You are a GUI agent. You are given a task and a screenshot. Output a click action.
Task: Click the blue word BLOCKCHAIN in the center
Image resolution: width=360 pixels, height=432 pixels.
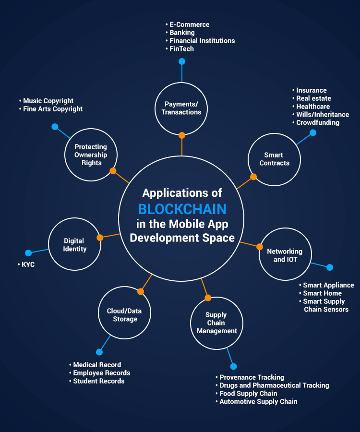(x=182, y=209)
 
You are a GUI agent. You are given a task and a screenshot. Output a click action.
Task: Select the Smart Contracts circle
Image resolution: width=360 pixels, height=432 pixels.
(x=274, y=159)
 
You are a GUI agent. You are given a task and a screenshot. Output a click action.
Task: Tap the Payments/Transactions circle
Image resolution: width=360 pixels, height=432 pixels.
(x=181, y=108)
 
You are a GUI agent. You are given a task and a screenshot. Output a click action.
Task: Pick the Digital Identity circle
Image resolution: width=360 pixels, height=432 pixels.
(x=74, y=244)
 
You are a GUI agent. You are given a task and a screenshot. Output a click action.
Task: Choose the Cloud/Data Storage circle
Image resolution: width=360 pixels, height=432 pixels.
(x=124, y=315)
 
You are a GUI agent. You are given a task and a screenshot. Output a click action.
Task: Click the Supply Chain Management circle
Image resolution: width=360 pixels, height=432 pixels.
(x=216, y=323)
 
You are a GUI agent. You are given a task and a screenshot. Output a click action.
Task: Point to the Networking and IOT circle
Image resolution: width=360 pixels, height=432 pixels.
(x=285, y=255)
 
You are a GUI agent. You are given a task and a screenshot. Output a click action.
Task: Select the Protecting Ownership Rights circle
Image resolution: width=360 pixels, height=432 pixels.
(x=91, y=155)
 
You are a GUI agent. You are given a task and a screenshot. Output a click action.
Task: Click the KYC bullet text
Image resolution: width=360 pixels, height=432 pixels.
(x=28, y=264)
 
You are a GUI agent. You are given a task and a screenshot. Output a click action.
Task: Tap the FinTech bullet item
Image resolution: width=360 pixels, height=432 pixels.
(x=181, y=49)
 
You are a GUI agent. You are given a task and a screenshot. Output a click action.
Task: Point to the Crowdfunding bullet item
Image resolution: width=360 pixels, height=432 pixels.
(x=317, y=122)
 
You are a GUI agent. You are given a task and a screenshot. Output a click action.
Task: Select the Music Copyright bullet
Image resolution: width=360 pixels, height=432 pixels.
(x=48, y=101)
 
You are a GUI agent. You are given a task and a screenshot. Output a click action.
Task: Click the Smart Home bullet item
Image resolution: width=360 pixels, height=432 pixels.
(x=322, y=293)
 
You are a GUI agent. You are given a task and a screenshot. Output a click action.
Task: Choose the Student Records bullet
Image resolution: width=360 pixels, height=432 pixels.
(x=98, y=381)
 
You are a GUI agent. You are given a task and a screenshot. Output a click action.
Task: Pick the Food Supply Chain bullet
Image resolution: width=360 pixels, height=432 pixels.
(x=248, y=394)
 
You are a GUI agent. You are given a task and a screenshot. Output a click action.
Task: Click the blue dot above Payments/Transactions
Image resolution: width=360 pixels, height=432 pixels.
(x=181, y=61)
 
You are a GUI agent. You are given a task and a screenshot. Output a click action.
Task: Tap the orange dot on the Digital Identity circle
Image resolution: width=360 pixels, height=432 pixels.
(x=100, y=238)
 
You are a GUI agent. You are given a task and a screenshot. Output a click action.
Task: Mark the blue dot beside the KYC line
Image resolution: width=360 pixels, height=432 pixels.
(x=28, y=253)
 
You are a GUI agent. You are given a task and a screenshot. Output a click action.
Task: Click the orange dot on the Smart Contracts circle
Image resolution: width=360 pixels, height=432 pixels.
(x=253, y=177)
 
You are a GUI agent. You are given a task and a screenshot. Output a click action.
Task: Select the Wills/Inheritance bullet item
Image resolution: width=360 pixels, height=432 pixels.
(x=322, y=115)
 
